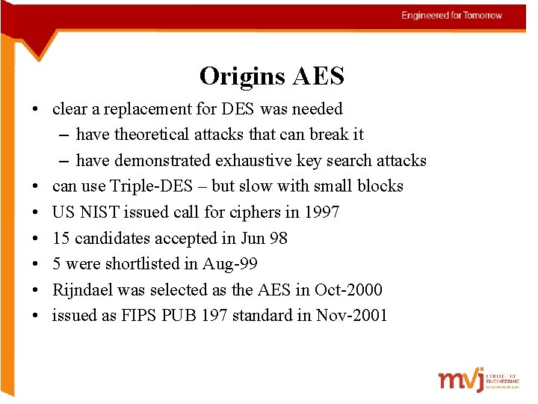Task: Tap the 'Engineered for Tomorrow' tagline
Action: tap(451, 16)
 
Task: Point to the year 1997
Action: tap(322, 212)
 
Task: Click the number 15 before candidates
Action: tap(61, 239)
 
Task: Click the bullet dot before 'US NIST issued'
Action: tap(35, 212)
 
